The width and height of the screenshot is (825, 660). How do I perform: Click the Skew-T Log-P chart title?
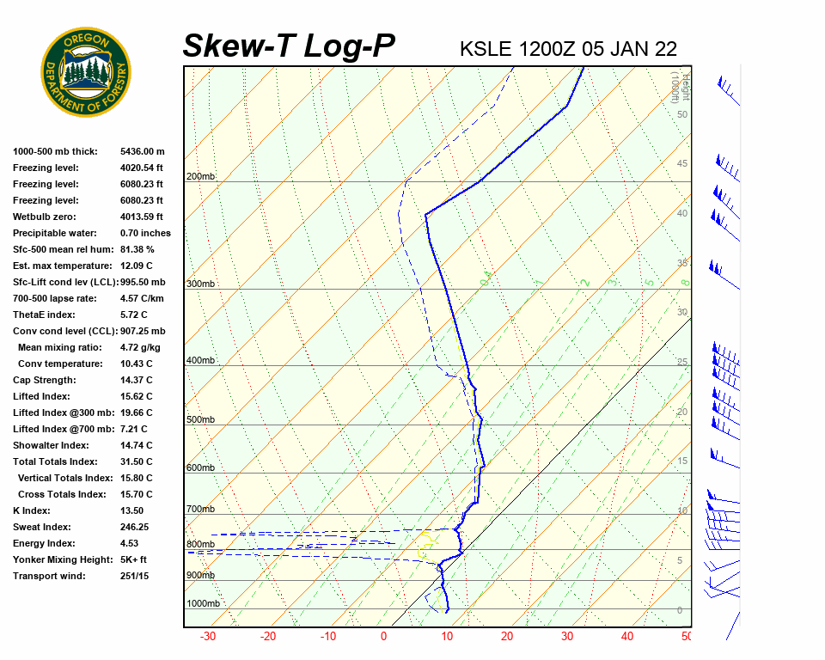coord(289,46)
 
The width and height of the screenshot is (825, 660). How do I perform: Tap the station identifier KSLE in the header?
coord(486,48)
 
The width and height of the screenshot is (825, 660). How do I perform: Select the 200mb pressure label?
coord(200,177)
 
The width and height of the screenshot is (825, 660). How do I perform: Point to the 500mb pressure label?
coord(200,419)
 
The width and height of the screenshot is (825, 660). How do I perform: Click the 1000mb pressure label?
coord(203,603)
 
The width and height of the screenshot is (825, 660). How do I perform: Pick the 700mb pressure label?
coord(200,509)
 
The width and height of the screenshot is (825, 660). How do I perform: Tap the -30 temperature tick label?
coord(207,637)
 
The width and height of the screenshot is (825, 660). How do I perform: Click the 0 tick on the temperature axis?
coord(383,637)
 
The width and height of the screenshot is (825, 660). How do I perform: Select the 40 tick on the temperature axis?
coord(627,637)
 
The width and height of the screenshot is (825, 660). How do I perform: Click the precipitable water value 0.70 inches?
coord(145,233)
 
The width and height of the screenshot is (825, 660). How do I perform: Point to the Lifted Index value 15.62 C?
coord(136,396)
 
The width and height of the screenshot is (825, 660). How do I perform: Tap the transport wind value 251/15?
coord(135,576)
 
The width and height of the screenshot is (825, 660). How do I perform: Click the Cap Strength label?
coord(44,380)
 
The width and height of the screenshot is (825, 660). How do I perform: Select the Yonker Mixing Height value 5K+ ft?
coord(136,559)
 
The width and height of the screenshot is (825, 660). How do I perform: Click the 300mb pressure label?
coord(200,284)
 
